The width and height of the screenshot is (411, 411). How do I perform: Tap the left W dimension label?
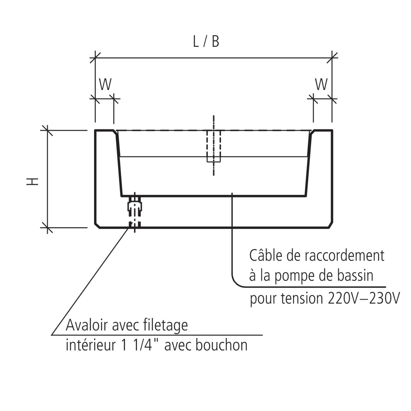[x=105, y=84]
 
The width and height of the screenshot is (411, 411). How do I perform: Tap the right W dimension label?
[x=321, y=84]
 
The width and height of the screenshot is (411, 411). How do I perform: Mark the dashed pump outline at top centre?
[x=213, y=146]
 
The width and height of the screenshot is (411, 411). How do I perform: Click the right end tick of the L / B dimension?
[x=332, y=57]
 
